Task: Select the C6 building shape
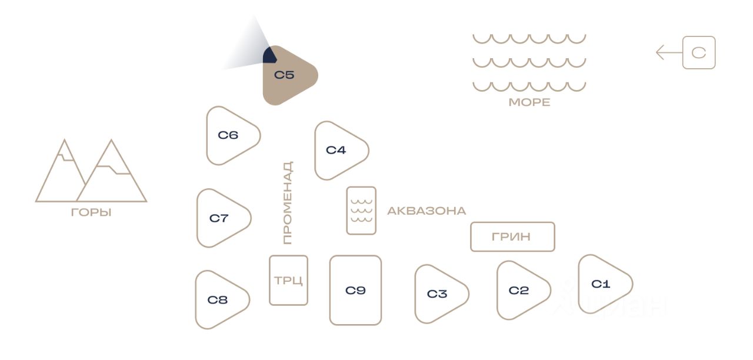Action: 229,136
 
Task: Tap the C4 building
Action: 338,151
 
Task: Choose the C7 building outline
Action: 220,218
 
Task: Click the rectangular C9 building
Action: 355,290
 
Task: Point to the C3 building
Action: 438,294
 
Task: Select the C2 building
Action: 520,291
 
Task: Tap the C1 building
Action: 602,285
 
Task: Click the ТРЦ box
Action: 288,281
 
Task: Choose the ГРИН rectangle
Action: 512,237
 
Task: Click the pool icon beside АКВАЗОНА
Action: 361,211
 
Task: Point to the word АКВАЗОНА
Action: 427,211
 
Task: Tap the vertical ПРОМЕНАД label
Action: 287,203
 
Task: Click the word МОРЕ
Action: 529,102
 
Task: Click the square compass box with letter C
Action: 699,53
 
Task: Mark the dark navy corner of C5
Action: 269,56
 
